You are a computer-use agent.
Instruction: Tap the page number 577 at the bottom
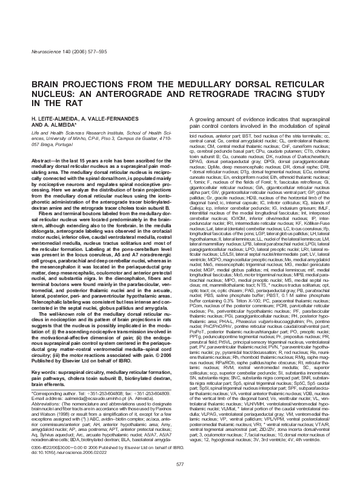pos(179,464)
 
